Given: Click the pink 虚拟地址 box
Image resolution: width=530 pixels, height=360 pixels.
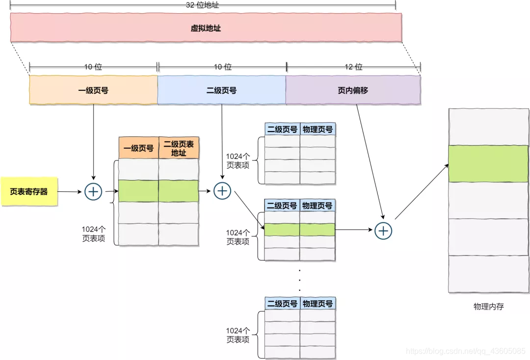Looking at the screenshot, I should point(206,27).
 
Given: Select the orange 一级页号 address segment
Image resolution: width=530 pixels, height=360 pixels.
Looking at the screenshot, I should point(93,90).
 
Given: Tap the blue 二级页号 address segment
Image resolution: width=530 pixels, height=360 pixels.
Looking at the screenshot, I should point(221,90).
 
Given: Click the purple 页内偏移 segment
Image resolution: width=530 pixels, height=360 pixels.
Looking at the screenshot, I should point(353,90).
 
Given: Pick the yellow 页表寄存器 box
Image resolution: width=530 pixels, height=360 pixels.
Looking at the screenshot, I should point(29,191).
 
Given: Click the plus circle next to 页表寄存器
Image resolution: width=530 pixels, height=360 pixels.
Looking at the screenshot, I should point(93,192).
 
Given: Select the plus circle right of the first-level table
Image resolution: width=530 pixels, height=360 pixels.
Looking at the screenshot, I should point(222,191).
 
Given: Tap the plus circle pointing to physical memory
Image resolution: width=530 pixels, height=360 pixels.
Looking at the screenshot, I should point(383,230).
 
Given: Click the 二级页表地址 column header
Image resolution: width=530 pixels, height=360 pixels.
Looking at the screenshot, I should point(179,148).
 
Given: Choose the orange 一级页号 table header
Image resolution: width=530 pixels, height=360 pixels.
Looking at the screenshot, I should point(138,148).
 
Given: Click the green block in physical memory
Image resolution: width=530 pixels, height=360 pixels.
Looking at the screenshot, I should point(488,163).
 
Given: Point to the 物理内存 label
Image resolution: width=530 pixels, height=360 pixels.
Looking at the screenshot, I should point(488,307).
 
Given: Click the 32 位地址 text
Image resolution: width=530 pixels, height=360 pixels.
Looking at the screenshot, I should point(203,4).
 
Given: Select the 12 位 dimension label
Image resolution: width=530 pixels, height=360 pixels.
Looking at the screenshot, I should point(353,67).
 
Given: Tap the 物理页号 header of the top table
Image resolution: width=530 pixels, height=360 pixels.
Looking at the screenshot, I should point(318,129).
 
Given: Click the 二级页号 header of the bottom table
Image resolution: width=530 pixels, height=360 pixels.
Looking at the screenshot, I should point(282,304).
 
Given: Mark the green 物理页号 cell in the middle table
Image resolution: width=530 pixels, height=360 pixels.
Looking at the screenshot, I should point(318,229).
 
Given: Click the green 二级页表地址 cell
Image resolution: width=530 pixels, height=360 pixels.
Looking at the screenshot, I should point(179,191).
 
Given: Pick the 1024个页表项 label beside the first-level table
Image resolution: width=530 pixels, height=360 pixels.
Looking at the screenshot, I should point(93,234).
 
